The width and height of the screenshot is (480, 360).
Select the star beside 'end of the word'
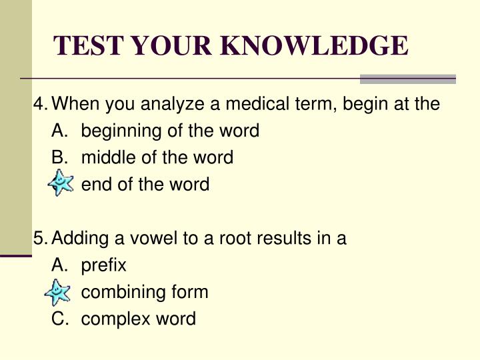coord(61,183)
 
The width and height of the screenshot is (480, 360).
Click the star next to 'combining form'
coord(57,291)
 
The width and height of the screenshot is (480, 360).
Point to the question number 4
coord(39,105)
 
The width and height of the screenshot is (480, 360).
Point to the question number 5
coord(39,238)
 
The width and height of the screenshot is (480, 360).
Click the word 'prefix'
coord(103,265)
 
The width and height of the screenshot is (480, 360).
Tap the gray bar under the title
coord(407,79)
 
